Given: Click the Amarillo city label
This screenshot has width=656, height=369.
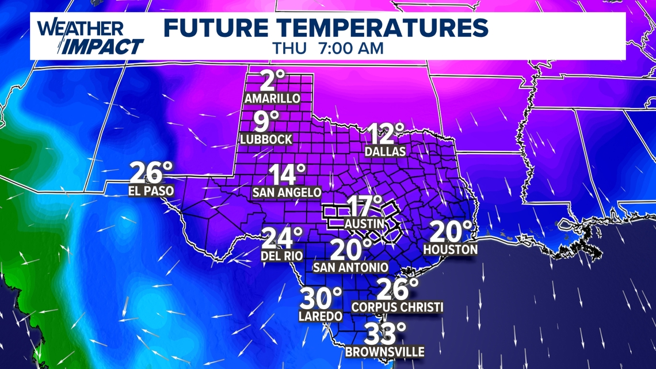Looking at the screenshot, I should tap(272, 98).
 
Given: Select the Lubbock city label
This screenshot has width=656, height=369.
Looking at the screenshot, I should tap(266, 139).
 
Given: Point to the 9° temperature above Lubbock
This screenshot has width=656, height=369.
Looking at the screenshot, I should tap(266, 121).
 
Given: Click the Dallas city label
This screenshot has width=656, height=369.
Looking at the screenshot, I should tap(386, 151).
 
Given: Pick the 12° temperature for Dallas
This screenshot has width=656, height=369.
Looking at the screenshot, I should tap(384, 134).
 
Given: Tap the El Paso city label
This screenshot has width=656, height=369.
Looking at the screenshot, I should tap(151, 191).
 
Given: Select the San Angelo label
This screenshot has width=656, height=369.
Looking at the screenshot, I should tap(287, 193).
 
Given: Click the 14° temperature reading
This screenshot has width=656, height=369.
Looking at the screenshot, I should tap(285, 174).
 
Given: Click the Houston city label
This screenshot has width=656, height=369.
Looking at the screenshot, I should tap(451, 249).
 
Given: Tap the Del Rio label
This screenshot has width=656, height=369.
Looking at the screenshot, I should tap(283, 256).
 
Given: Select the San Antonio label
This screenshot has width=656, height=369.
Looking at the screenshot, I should tap(350, 268).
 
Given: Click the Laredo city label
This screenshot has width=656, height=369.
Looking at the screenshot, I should tap(321, 315).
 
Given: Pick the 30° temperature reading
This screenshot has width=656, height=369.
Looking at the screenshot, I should tap(322, 298).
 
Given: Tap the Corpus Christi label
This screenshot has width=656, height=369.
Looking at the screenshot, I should tap(397, 307).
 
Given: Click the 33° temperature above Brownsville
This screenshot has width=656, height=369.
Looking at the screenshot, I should tap(384, 334).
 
